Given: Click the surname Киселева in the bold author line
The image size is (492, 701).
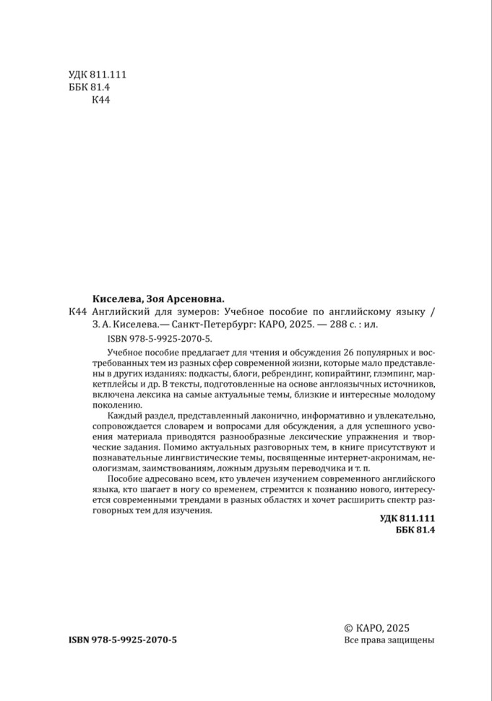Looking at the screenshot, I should pos(118,297).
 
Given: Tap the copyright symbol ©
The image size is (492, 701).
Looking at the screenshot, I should pos(350,629).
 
